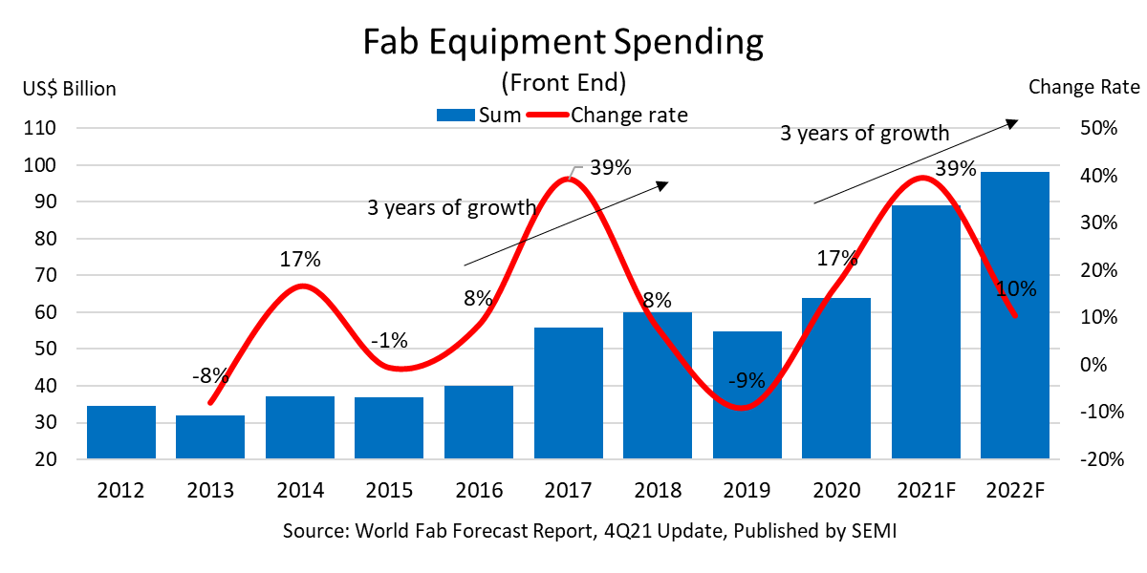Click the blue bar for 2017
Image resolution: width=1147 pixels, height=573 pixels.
tap(569, 393)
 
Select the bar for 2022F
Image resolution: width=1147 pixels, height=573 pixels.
tap(1015, 315)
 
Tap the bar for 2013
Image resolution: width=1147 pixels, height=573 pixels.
tap(210, 437)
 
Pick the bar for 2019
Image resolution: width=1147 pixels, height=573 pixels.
tap(747, 395)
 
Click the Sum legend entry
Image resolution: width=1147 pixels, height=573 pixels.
tap(478, 116)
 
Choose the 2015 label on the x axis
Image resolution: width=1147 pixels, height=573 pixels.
tap(389, 491)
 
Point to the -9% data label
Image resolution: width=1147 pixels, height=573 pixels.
tap(747, 380)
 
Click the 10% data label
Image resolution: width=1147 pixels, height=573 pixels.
tap(1015, 289)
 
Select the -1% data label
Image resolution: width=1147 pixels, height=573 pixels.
tap(389, 339)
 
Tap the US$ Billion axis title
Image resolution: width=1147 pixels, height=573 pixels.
tap(70, 89)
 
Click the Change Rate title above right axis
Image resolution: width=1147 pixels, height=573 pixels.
tap(1084, 87)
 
